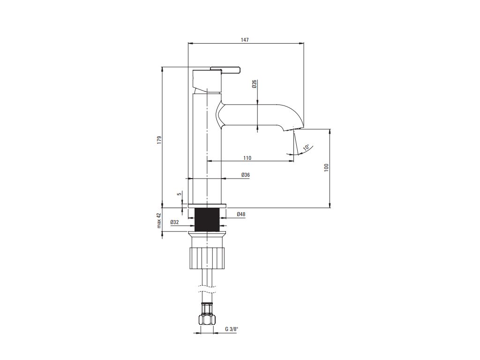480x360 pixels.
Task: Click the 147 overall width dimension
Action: (245, 40)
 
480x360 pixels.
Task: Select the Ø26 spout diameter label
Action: (255, 84)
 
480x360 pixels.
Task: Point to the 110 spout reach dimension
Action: (247, 158)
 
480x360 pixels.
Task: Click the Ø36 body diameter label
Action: (246, 175)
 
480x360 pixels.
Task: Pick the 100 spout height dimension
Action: (326, 167)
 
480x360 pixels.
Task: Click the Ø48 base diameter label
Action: (241, 214)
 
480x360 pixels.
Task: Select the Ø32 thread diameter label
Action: (174, 222)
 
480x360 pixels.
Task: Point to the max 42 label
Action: (159, 220)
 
